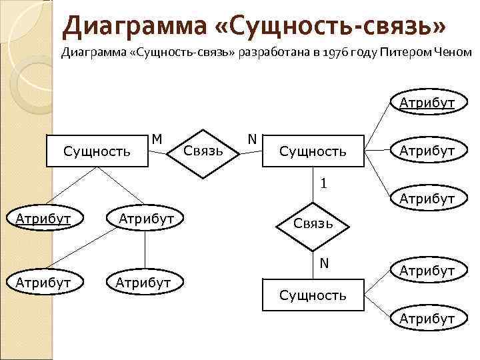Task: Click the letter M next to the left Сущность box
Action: click(x=157, y=139)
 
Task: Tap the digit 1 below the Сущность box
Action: click(x=323, y=182)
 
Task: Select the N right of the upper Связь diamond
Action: click(x=251, y=139)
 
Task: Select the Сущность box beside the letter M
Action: click(x=97, y=151)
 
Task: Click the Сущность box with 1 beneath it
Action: click(x=313, y=151)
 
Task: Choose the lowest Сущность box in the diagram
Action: click(x=313, y=294)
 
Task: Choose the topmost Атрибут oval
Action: click(x=427, y=103)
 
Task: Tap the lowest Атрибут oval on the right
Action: click(x=427, y=319)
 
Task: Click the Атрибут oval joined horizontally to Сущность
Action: click(x=427, y=151)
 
